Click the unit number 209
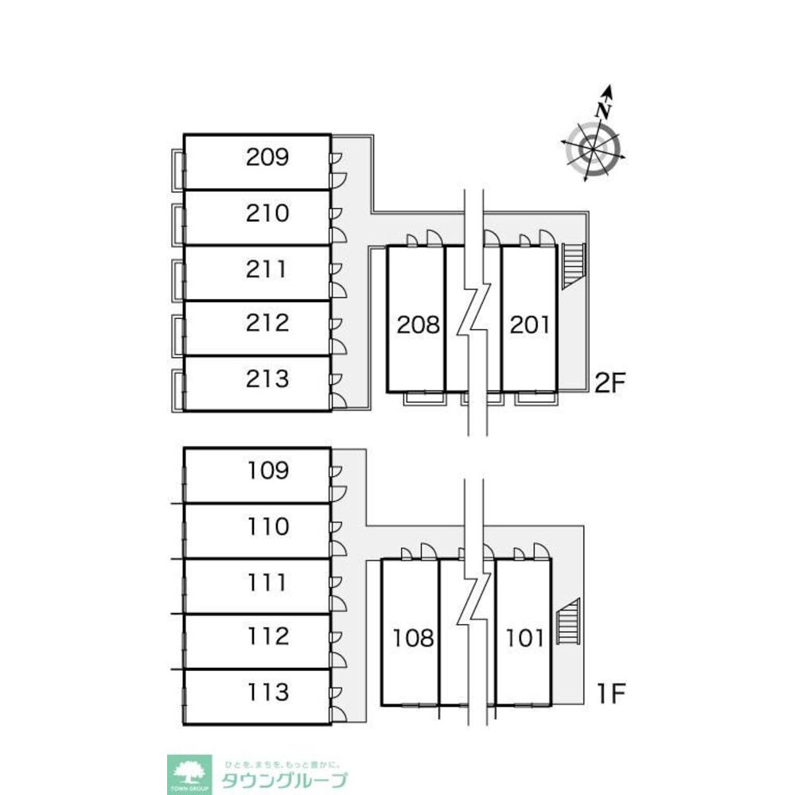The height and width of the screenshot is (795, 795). coord(267,157)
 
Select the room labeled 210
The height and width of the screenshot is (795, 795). coord(267,213)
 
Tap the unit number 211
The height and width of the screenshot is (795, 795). coord(267,269)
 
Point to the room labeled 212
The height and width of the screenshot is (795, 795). coord(267,324)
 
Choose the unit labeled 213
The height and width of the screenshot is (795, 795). coord(267,378)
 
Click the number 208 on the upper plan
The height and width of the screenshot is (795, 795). coord(419,324)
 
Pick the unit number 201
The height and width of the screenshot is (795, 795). coord(528,324)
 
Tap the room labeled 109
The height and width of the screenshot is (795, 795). coord(267,471)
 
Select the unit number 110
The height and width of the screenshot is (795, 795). coord(267,526)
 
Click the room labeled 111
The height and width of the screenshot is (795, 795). coord(267,582)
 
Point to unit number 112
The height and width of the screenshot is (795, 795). coord(267,637)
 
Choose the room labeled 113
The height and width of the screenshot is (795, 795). coord(267,692)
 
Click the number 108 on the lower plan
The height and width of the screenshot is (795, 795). coord(414,638)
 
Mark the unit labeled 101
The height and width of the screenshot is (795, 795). coord(525,638)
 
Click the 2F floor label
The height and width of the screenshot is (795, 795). coord(612,384)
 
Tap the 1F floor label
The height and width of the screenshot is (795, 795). coord(612,694)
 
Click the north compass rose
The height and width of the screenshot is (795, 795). coord(594,146)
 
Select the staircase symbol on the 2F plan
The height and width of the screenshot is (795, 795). coord(573,266)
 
